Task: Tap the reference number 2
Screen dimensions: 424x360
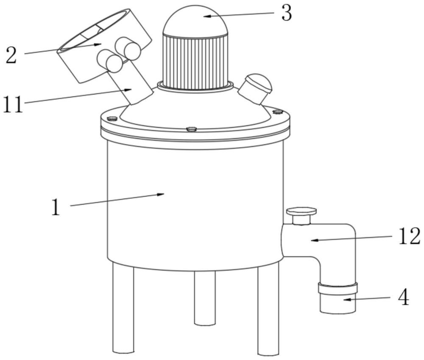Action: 11,55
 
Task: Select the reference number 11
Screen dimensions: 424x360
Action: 13,105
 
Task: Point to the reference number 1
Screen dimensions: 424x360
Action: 56,207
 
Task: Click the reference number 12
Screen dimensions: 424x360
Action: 410,236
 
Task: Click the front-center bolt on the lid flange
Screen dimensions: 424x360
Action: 192,129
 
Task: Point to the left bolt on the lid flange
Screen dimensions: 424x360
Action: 112,118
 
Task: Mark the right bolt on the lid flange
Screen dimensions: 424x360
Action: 278,111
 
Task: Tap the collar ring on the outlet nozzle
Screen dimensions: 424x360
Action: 338,288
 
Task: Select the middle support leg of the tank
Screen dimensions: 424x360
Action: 205,298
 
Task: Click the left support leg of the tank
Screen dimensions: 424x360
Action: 123,308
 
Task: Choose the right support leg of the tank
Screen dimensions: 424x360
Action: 268,310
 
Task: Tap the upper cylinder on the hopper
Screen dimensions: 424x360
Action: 128,48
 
